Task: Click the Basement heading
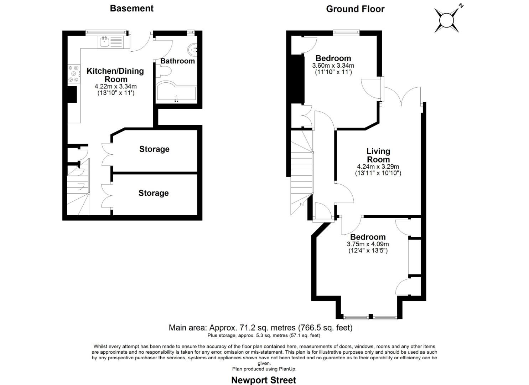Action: [x=132, y=9]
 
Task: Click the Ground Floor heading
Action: [x=355, y=9]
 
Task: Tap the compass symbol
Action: [x=447, y=20]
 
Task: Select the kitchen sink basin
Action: [x=104, y=42]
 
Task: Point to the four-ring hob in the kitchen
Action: [x=74, y=73]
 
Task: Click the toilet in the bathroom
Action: [x=164, y=71]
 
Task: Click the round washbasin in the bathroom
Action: [x=193, y=50]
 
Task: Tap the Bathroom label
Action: [x=178, y=61]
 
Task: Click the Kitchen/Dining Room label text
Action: [x=115, y=75]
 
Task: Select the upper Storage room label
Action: [x=155, y=149]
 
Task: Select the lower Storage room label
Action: [x=154, y=193]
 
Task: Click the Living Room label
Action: [x=378, y=155]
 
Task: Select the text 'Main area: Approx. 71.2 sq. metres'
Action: [x=232, y=328]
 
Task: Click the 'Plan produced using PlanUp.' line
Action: [x=264, y=369]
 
